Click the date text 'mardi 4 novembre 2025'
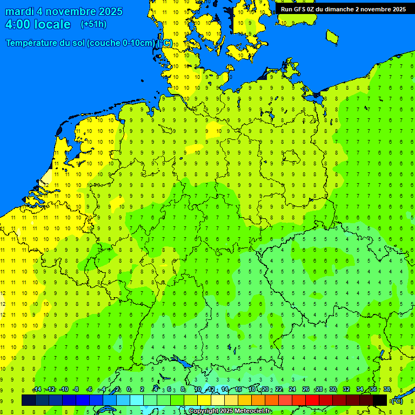[64, 11]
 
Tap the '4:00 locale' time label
[38, 24]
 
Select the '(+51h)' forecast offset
[93, 24]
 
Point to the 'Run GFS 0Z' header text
[300, 9]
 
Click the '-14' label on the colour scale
[37, 390]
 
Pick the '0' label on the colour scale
[129, 390]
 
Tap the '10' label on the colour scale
[198, 390]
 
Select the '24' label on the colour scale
[292, 390]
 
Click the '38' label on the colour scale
[387, 390]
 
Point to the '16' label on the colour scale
[238, 390]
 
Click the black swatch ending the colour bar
[380, 400]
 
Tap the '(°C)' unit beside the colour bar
[397, 400]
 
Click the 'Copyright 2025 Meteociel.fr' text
[229, 411]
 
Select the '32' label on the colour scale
[346, 390]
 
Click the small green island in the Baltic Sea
[332, 36]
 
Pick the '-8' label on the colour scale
[76, 390]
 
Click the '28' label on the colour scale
[319, 390]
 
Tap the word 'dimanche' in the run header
[340, 9]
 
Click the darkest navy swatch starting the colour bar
[28, 400]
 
